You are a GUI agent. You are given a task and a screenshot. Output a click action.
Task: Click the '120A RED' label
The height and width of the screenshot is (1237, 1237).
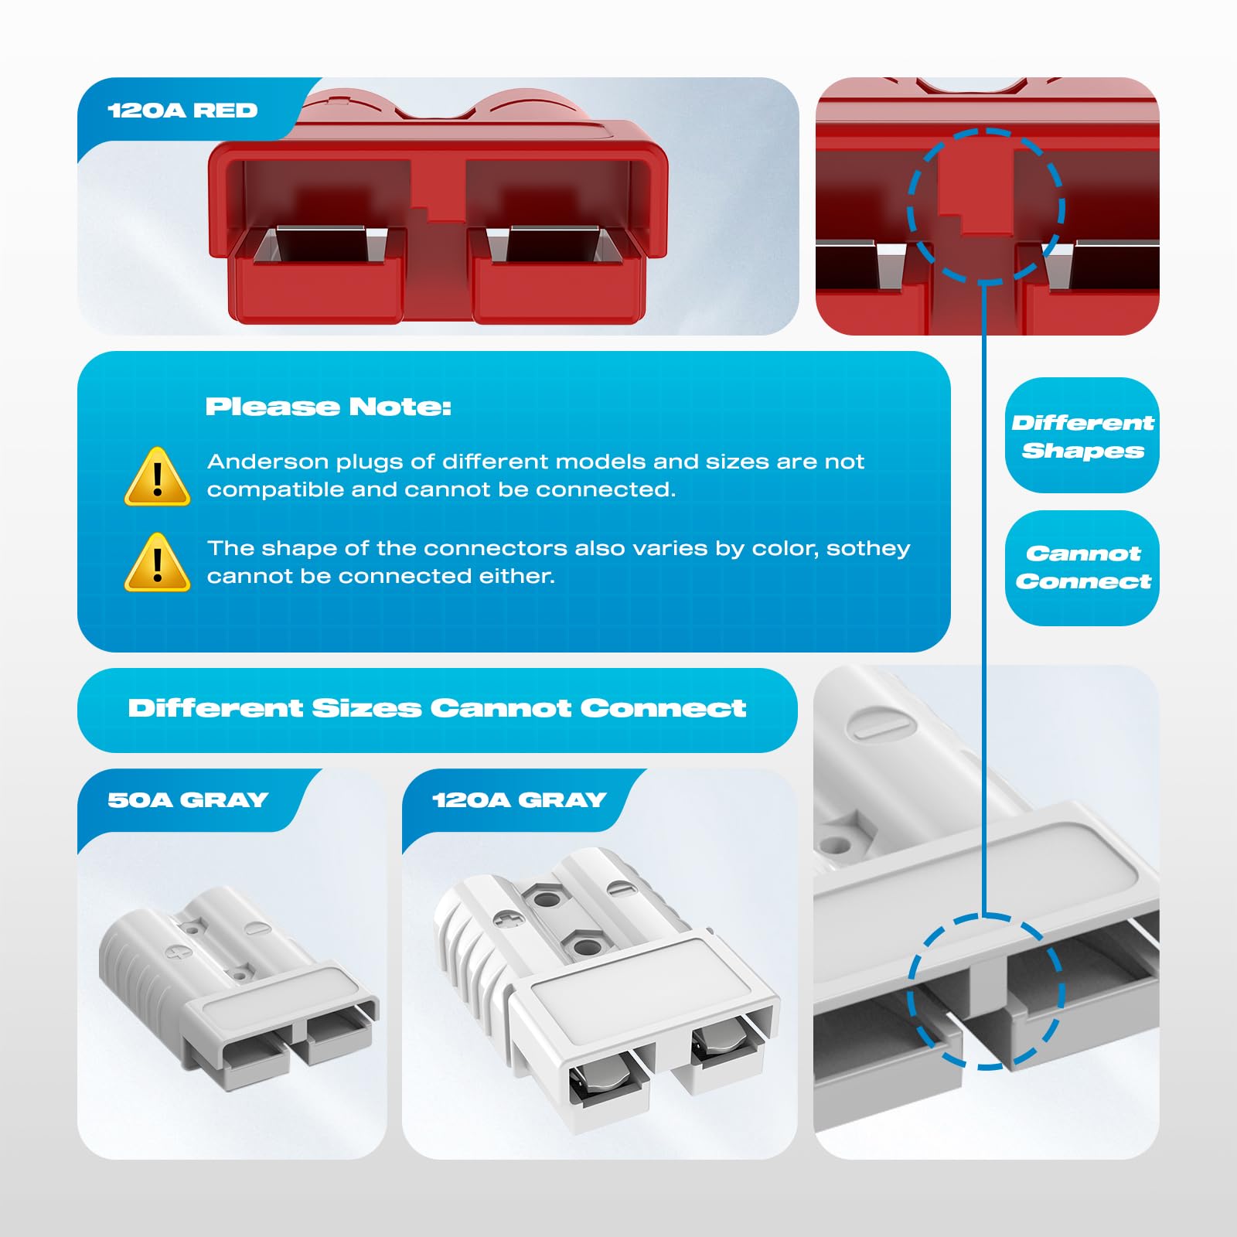point(182,111)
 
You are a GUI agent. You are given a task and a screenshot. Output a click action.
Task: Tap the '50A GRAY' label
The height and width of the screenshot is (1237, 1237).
point(188,800)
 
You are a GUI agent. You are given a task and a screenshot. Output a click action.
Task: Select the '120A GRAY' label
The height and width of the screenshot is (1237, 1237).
point(519,800)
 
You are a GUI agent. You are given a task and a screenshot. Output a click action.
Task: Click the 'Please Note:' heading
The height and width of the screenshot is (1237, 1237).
point(328,407)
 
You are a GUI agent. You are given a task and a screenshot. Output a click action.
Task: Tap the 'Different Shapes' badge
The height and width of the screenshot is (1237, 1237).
point(1082,436)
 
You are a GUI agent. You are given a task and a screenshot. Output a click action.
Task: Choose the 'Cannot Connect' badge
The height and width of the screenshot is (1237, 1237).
point(1082,567)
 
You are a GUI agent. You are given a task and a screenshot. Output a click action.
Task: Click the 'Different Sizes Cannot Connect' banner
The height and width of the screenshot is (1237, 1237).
point(437,709)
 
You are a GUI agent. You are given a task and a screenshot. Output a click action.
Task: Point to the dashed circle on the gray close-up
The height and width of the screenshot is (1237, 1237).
point(986,992)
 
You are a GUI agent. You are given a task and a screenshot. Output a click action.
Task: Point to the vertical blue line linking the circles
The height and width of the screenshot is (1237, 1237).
point(984,603)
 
